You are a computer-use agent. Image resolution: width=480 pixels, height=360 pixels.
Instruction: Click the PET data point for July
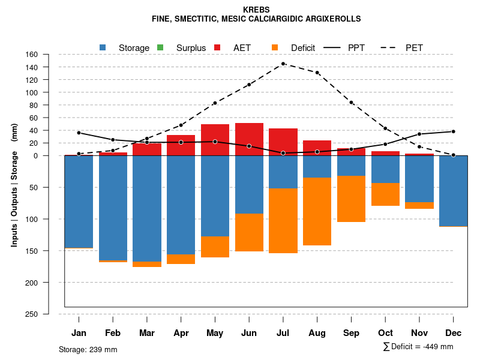283,64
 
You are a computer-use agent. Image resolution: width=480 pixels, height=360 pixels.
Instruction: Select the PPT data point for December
454,131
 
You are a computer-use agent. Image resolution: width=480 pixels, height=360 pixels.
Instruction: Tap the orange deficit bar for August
317,211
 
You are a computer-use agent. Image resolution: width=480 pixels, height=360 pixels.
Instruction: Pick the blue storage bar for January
79,202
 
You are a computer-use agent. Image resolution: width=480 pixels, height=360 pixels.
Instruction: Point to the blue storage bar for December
454,191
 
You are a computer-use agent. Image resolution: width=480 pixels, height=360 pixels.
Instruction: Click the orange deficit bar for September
351,199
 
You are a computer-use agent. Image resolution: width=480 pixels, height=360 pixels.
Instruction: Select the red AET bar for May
215,140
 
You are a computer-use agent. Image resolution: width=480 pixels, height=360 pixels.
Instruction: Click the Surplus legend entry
191,48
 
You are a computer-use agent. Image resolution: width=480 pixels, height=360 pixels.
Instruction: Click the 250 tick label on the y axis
31,314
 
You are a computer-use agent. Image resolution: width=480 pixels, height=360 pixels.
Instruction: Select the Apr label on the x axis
181,333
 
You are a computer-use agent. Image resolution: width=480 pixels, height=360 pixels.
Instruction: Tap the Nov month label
419,333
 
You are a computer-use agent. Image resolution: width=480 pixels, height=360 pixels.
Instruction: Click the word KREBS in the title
256,10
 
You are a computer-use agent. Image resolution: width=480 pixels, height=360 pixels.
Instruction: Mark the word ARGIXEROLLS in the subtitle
333,19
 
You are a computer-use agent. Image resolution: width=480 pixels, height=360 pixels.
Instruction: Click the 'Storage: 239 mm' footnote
88,349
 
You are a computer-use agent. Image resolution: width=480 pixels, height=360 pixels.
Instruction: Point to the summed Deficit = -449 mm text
418,347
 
